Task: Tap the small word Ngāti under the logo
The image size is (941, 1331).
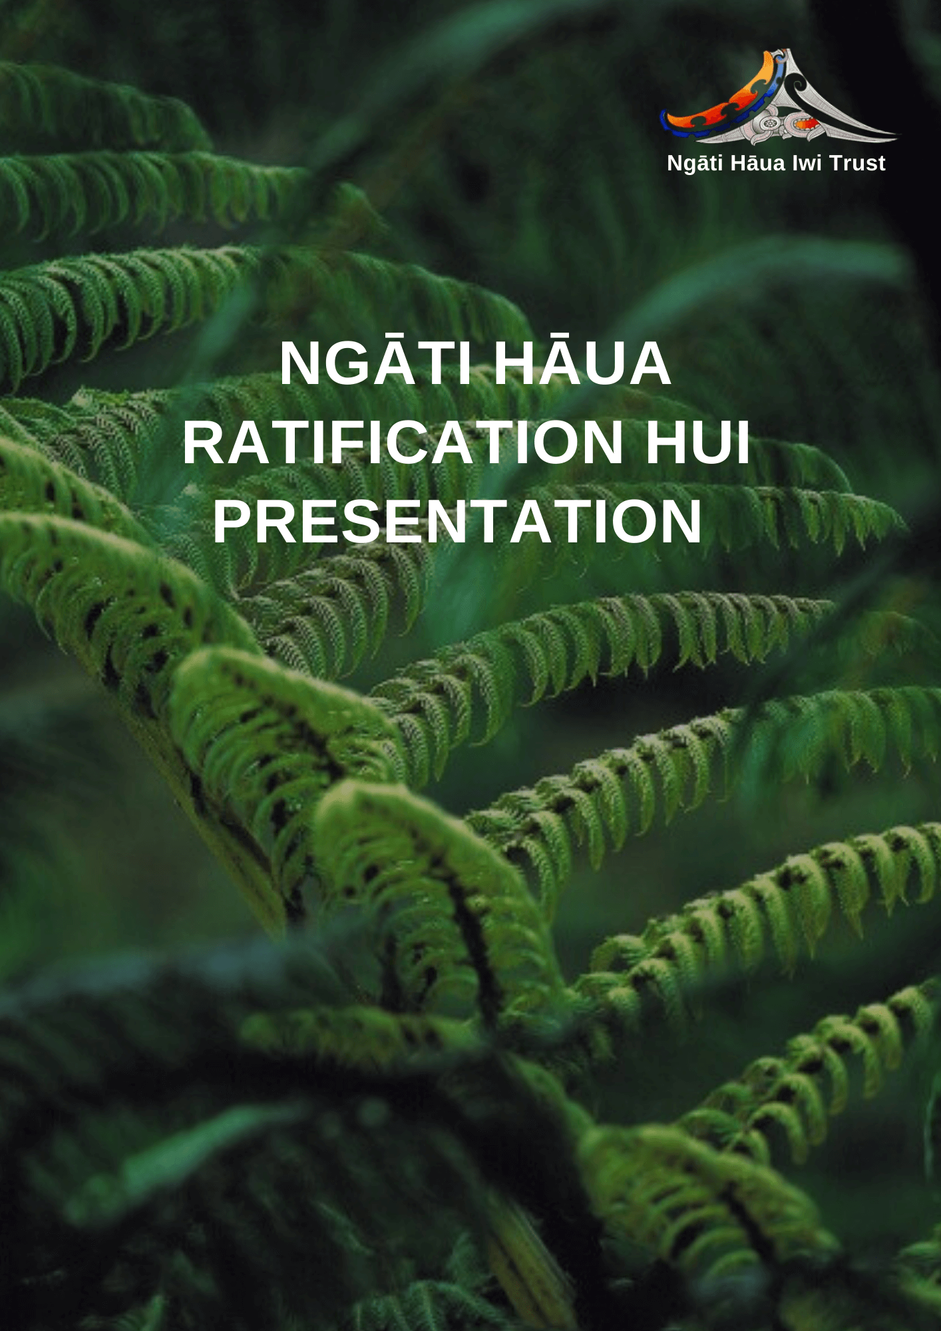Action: (695, 164)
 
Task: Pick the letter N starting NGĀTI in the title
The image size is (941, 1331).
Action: (298, 363)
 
